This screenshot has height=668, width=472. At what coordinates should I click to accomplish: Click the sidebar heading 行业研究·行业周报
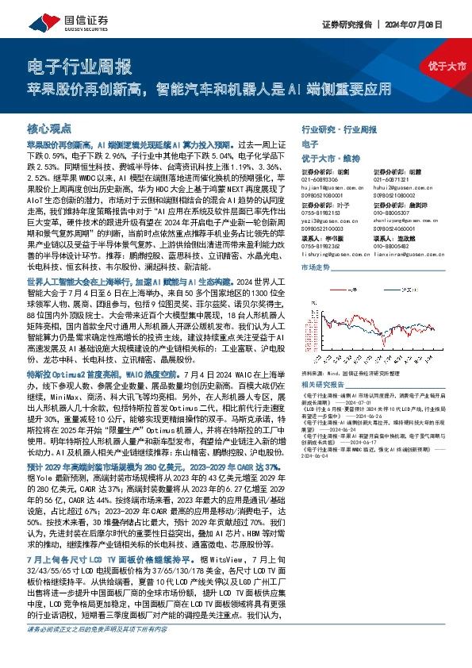(339, 128)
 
